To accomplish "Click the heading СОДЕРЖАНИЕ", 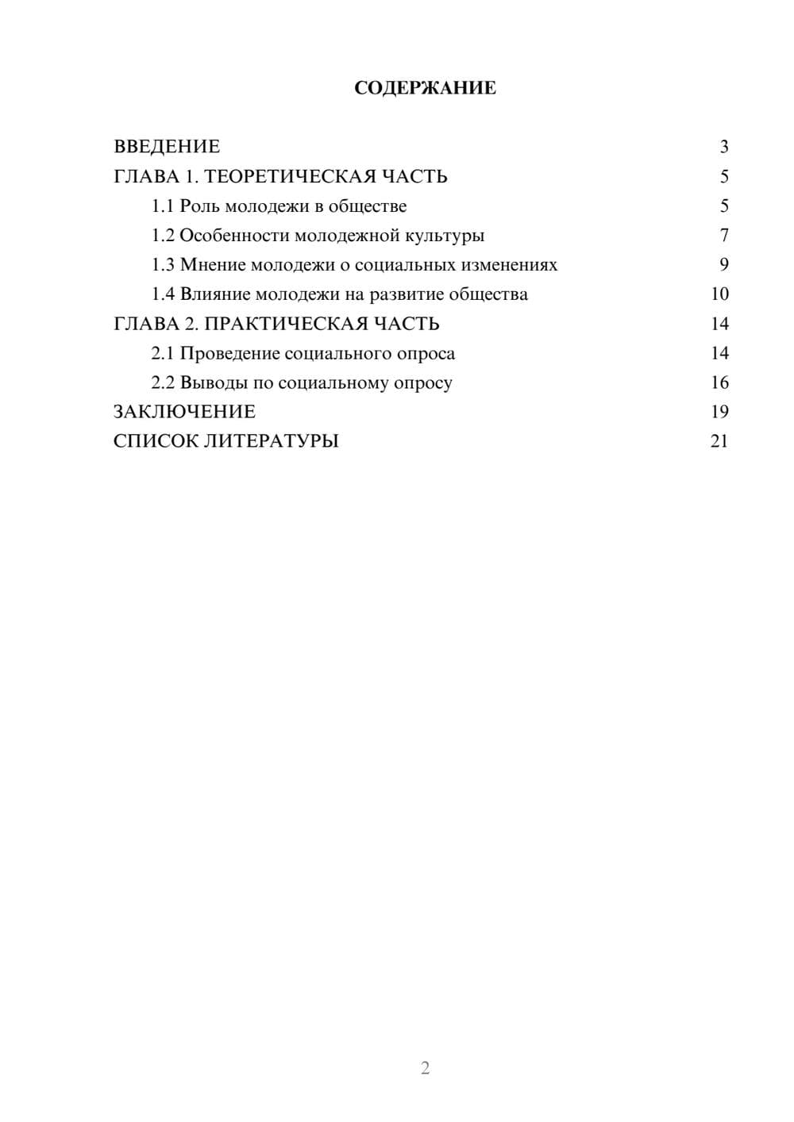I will [x=425, y=88].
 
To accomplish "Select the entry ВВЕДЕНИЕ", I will [x=167, y=147].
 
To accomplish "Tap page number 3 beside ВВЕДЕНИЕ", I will [x=723, y=147].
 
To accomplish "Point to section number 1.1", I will [x=163, y=206].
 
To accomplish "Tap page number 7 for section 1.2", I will [x=723, y=236].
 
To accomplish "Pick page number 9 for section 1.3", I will [x=723, y=265].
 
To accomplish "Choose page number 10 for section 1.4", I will [x=719, y=294].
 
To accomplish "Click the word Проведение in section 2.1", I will [x=229, y=353].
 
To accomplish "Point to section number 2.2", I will [x=163, y=382].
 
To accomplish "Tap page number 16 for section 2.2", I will [x=719, y=382].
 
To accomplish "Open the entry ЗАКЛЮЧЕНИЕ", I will [x=184, y=412].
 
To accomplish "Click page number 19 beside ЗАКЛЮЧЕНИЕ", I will [x=719, y=412].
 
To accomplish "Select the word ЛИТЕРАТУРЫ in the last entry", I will [x=272, y=441].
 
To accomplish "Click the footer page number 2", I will [x=425, y=1068].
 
